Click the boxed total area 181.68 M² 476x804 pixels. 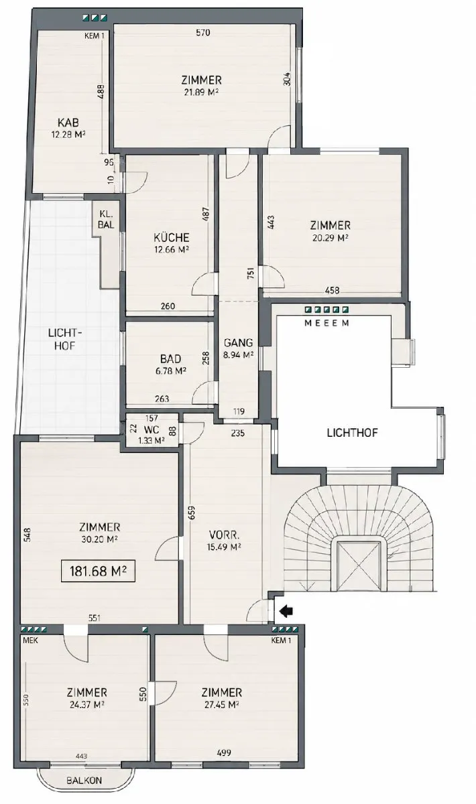tap(98, 570)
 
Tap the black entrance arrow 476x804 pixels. tap(286, 611)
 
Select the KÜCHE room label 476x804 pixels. tap(172, 237)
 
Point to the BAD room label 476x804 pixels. tap(170, 358)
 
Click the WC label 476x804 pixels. tap(152, 429)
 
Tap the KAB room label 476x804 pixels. tap(68, 123)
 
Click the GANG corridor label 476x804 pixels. tap(238, 342)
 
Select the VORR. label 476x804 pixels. tap(225, 535)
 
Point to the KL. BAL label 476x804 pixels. tap(106, 220)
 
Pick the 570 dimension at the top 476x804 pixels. tap(202, 33)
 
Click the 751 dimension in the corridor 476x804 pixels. tap(251, 273)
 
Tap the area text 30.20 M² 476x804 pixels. tap(99, 539)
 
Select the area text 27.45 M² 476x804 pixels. tap(221, 704)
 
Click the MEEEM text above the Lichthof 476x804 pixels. tap(326, 323)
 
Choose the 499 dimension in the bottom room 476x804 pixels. tap(223, 750)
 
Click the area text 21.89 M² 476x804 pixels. tap(202, 92)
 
